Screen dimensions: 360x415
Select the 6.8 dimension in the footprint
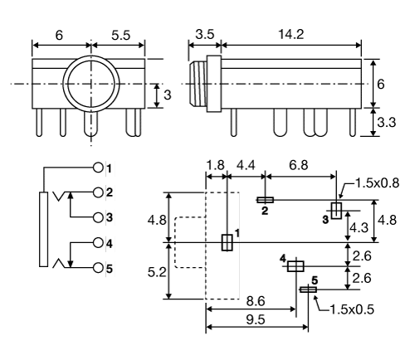coord(297,167)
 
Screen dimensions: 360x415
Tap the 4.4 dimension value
coord(246,167)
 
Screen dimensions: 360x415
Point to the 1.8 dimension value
coord(216,167)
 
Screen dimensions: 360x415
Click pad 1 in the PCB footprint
coord(227,242)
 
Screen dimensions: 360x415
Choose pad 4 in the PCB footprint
coord(295,265)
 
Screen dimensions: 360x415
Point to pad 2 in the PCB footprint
coord(265,200)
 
